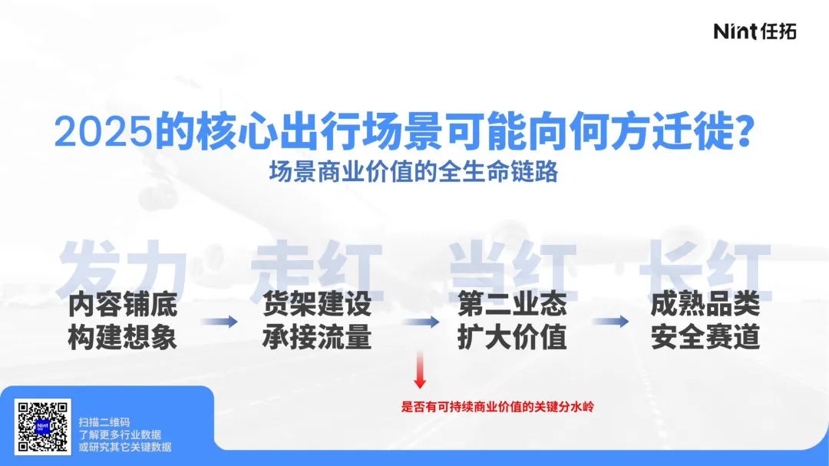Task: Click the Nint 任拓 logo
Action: [x=755, y=31]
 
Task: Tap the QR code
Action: [x=43, y=427]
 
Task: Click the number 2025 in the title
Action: [x=104, y=131]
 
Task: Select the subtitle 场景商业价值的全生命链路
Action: [x=414, y=171]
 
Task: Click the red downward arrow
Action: [x=420, y=370]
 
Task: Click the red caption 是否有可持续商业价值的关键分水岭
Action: [x=497, y=407]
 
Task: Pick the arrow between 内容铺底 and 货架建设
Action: [x=220, y=321]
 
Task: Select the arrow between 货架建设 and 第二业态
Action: [x=421, y=321]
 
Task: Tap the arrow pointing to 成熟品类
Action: [x=611, y=321]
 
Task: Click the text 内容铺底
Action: [x=123, y=304]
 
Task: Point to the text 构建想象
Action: [x=123, y=337]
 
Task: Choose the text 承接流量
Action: [x=317, y=337]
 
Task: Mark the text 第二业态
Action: [x=512, y=304]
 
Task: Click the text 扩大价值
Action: [x=512, y=337]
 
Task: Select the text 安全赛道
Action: [x=705, y=337]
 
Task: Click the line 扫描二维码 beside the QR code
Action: [x=104, y=422]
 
